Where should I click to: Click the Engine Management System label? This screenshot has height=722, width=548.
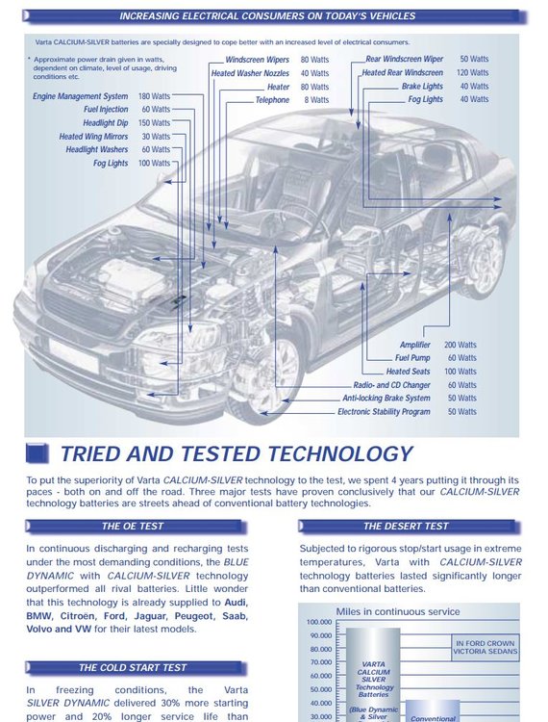pos(80,96)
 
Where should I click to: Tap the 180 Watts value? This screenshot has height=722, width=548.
pos(154,96)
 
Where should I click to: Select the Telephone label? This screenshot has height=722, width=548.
pos(272,100)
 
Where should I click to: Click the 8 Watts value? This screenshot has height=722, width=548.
pos(316,100)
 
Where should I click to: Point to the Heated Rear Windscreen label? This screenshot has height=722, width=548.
pos(402,73)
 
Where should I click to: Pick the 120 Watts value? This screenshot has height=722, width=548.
pos(473,73)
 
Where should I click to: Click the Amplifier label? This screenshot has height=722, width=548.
pos(414,345)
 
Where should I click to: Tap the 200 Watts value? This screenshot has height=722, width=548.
pos(461,345)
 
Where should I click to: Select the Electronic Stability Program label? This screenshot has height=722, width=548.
pos(384,412)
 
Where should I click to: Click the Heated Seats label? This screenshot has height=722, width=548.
pos(408,372)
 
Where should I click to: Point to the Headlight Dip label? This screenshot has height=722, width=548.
pos(106,123)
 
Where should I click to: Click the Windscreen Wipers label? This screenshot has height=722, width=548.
pos(257,60)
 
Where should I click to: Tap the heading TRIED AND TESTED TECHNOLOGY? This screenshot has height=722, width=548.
pos(237,453)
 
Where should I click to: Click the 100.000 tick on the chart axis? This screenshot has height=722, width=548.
pos(319,622)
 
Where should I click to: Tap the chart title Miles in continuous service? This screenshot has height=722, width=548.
pos(398,612)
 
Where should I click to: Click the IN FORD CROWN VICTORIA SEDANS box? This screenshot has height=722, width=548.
pos(486,648)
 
